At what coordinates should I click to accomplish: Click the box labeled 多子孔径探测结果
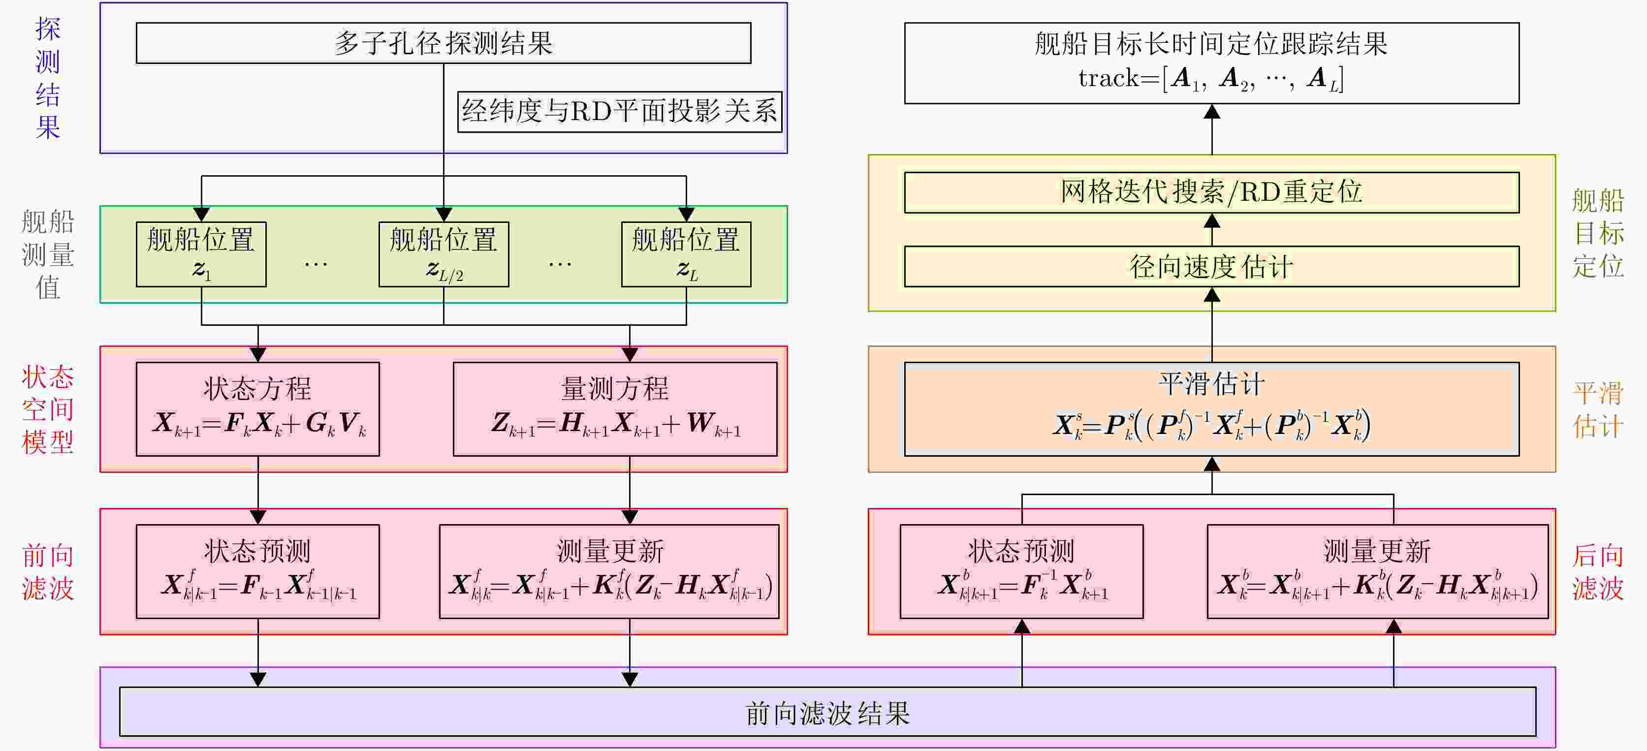point(443,43)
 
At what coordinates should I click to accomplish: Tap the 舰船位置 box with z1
point(201,254)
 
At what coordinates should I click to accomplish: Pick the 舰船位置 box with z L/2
point(443,254)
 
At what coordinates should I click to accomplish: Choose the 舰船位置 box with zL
point(686,254)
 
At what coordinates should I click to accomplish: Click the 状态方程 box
point(257,408)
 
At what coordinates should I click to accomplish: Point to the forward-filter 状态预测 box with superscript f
point(257,571)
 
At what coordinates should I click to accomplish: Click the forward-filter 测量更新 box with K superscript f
point(609,571)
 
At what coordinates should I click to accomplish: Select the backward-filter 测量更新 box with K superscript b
point(1377,571)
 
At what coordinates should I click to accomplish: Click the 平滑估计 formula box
point(1211,408)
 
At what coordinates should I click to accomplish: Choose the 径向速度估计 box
point(1211,267)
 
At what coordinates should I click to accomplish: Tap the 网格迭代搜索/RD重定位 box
point(1211,192)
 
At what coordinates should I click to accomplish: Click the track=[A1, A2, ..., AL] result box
point(1211,63)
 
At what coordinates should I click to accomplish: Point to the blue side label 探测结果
point(48,78)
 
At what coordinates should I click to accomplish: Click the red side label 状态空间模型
point(48,409)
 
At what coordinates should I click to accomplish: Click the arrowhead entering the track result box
point(1211,112)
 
